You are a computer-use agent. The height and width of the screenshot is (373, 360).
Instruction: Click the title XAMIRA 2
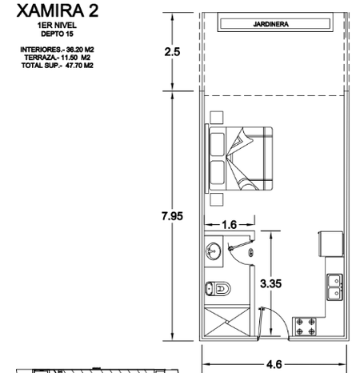[58, 11]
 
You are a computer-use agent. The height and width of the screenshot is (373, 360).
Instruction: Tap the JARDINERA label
[270, 24]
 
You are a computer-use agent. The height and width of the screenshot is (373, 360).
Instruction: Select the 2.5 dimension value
[172, 52]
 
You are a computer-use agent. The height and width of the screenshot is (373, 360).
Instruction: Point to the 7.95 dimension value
[172, 216]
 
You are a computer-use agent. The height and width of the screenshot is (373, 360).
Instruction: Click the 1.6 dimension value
[230, 225]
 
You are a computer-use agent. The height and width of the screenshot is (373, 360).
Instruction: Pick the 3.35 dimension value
[271, 283]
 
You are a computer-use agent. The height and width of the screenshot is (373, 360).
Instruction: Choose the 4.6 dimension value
[274, 364]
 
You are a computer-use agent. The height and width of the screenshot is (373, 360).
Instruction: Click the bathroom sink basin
[213, 251]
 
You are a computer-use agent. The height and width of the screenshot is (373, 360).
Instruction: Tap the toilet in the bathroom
[218, 288]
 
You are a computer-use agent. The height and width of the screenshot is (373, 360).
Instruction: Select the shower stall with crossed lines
[227, 322]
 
